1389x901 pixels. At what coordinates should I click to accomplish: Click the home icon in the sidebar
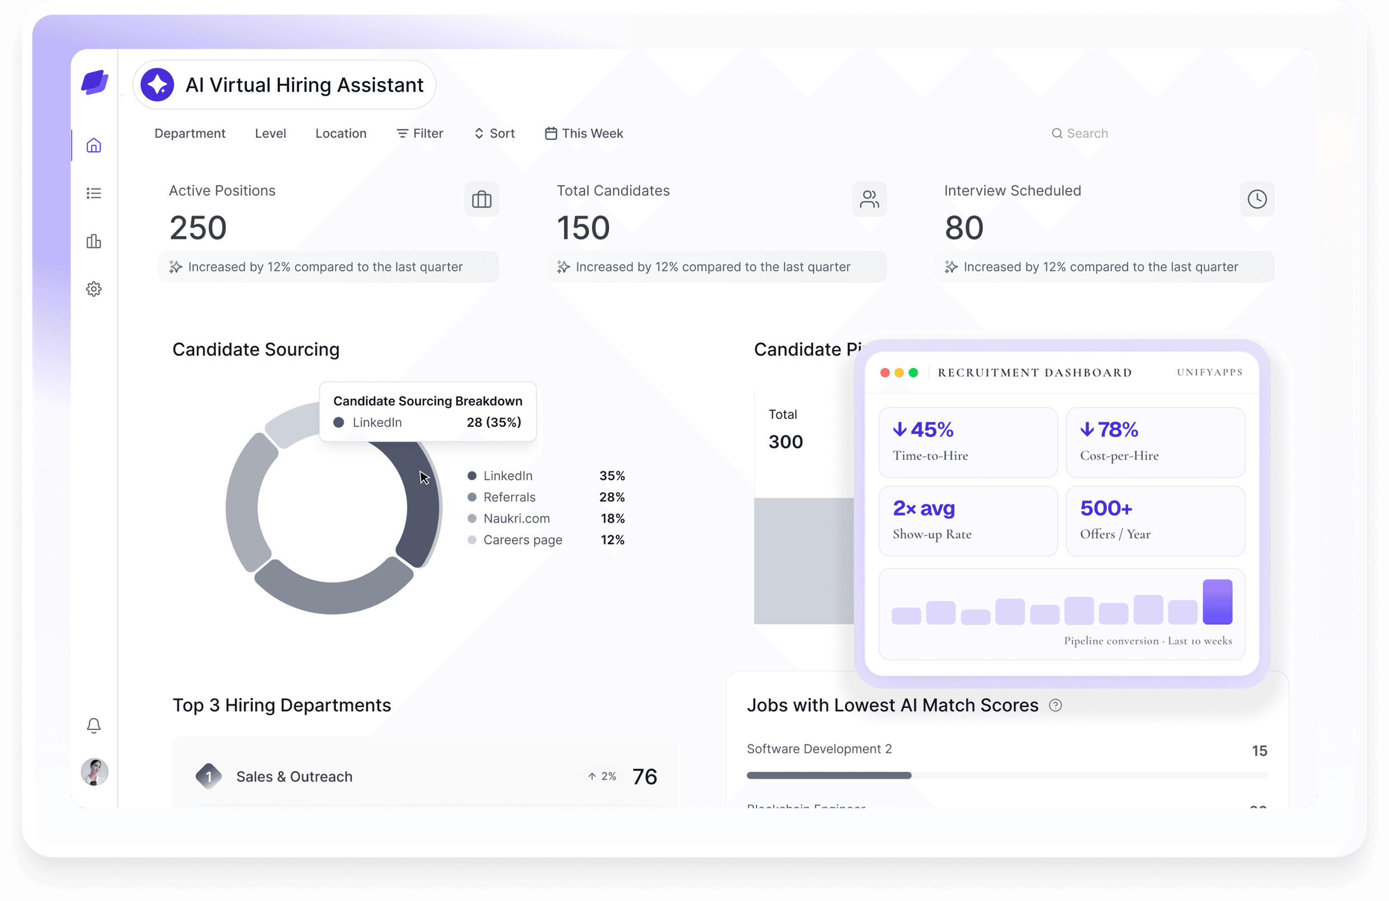pos(94,145)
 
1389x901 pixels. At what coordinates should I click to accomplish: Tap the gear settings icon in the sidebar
pos(94,289)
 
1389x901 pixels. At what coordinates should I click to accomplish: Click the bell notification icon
pos(94,725)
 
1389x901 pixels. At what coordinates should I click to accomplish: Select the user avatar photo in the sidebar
pos(94,771)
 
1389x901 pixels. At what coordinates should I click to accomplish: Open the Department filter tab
pos(190,134)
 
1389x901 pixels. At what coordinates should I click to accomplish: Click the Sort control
pos(494,134)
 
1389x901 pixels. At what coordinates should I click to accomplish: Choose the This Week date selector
pos(584,134)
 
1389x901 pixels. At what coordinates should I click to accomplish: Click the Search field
pos(1087,134)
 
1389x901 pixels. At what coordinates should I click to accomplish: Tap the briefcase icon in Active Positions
pos(482,200)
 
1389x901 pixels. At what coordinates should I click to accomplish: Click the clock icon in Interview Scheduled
pos(1257,200)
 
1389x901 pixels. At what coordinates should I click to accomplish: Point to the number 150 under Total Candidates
pos(582,228)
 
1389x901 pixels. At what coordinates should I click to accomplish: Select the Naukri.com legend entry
pos(516,518)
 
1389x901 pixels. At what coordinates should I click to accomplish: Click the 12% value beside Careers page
pos(612,540)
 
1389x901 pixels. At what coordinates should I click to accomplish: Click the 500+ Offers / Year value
pos(1106,508)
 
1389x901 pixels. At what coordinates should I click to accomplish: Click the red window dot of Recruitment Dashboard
pos(884,372)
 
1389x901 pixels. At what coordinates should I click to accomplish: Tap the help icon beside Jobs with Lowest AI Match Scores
pos(1055,705)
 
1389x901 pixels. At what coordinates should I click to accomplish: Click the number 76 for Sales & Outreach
pos(644,777)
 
